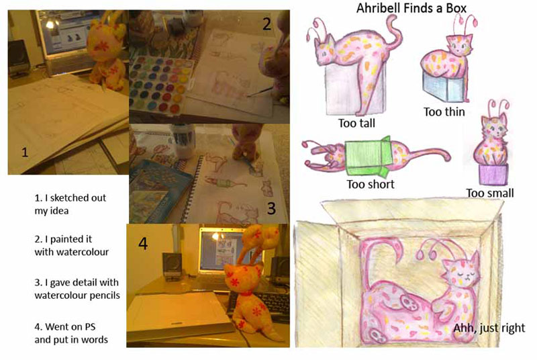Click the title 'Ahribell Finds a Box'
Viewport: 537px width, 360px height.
pyautogui.click(x=411, y=8)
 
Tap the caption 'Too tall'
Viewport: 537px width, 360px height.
pyautogui.click(x=356, y=123)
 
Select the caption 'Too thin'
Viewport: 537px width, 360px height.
pyautogui.click(x=444, y=111)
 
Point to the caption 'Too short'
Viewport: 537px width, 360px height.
pyautogui.click(x=371, y=184)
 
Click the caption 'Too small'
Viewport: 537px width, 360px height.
pyautogui.click(x=490, y=193)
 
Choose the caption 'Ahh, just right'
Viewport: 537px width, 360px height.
pyautogui.click(x=489, y=328)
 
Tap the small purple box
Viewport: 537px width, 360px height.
pyautogui.click(x=493, y=175)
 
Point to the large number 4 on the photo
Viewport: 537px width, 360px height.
pyautogui.click(x=143, y=244)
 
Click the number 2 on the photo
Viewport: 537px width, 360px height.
pyautogui.click(x=266, y=24)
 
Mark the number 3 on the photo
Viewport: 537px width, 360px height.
pyautogui.click(x=271, y=208)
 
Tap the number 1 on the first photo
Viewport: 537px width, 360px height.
pyautogui.click(x=25, y=152)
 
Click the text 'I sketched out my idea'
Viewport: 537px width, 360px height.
pyautogui.click(x=70, y=204)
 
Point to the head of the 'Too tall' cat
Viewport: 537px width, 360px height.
pyautogui.click(x=324, y=49)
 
